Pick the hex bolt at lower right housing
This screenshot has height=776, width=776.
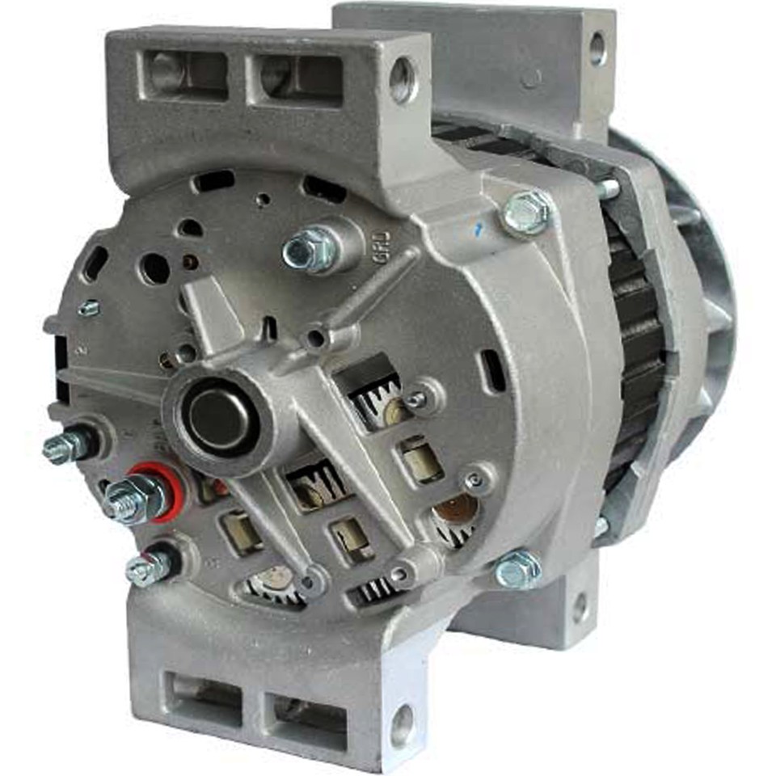tap(517, 571)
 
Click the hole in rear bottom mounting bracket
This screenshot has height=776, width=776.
tap(580, 607)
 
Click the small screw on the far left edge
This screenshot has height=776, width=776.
tap(89, 308)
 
